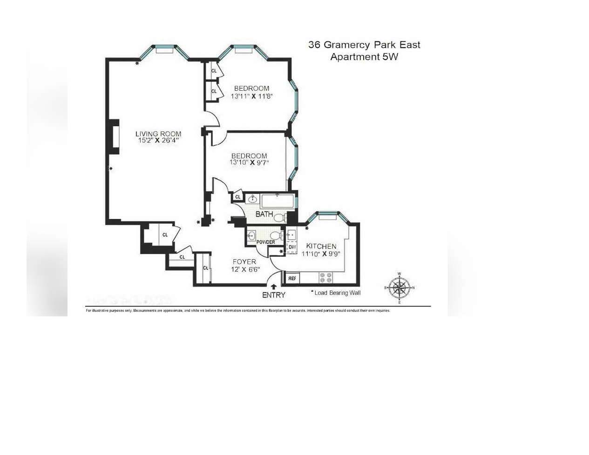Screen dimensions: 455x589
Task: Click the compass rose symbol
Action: click(399, 288)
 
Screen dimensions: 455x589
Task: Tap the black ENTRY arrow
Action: click(273, 288)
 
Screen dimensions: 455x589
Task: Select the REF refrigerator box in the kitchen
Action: click(292, 278)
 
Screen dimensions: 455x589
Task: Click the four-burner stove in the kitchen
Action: click(325, 278)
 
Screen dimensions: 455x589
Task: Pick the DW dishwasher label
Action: click(292, 247)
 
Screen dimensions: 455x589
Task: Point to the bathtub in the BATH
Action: click(278, 201)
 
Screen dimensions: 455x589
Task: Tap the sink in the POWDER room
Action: click(252, 235)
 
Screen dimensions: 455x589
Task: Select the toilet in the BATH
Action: click(280, 217)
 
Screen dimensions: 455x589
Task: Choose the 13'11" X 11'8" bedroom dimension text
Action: click(251, 96)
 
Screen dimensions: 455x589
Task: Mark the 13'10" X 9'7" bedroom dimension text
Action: click(249, 163)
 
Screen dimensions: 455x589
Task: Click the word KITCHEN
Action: click(321, 246)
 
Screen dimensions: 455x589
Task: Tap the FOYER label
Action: click(244, 261)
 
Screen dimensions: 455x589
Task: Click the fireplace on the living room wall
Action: click(113, 137)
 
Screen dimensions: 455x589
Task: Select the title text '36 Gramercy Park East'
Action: click(364, 45)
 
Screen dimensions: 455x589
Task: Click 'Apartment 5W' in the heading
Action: click(364, 57)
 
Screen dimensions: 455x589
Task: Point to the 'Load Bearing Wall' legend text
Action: click(337, 293)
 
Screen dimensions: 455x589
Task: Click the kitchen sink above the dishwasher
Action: click(291, 234)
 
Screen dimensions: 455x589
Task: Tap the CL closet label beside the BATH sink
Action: click(238, 197)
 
